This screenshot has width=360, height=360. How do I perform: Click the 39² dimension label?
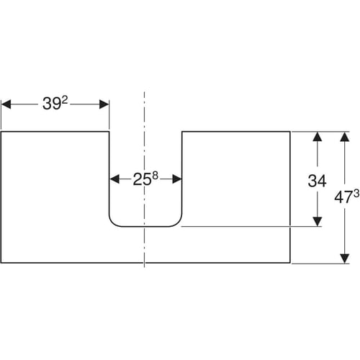tap(55, 104)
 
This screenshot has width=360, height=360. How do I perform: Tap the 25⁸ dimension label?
tap(145, 179)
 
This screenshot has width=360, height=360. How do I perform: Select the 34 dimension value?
tap(317, 181)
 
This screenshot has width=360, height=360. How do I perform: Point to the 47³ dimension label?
tap(347, 197)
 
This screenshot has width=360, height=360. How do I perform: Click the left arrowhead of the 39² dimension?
tap(6, 104)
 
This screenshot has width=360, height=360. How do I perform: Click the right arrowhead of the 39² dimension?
tap(104, 104)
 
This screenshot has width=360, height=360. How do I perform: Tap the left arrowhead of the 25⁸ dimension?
tap(114, 179)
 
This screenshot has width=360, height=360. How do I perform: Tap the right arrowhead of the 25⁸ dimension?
tap(177, 179)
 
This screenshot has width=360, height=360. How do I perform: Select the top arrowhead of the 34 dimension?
tap(318, 137)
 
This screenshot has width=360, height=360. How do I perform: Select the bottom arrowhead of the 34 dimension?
tap(318, 221)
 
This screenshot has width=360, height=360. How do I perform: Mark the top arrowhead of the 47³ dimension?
tap(345, 137)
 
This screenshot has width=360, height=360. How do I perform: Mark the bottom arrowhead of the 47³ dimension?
tap(345, 258)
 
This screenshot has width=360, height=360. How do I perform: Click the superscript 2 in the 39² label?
tap(65, 101)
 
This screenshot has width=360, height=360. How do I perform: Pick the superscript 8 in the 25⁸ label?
tap(156, 176)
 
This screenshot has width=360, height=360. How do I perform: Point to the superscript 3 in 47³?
tap(356, 194)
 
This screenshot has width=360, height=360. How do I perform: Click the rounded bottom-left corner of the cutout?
tap(113, 223)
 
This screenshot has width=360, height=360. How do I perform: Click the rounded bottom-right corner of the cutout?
tap(179, 223)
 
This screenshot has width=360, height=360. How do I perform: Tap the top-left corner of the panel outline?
tap(1, 132)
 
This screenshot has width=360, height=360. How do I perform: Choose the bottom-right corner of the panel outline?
tap(290, 263)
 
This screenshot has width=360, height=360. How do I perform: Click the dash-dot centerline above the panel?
tap(144, 112)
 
